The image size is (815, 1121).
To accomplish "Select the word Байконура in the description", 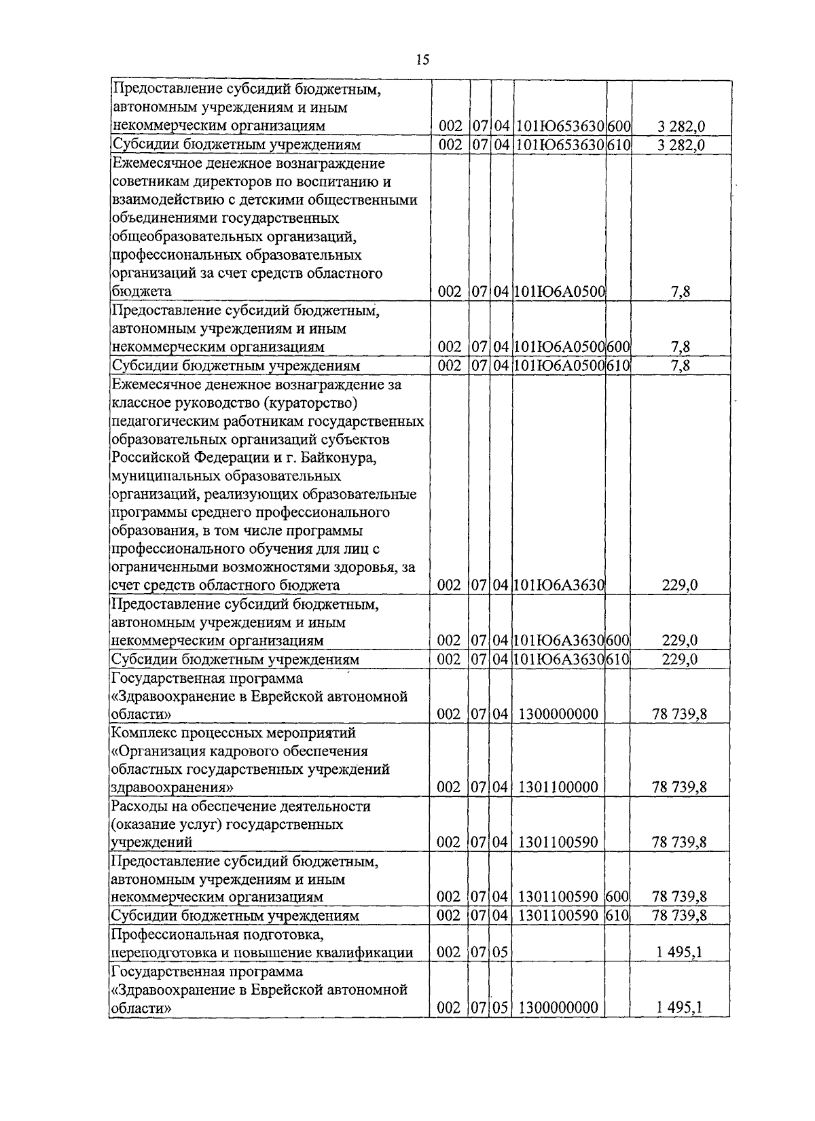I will (x=340, y=457).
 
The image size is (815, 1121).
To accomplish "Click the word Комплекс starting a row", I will (x=142, y=733).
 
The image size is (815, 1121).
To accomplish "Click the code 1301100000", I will (x=558, y=787).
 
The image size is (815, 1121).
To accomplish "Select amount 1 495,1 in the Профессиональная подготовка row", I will (x=679, y=953).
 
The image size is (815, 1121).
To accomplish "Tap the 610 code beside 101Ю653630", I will (x=619, y=145).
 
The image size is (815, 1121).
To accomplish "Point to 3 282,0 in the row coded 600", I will (x=681, y=126).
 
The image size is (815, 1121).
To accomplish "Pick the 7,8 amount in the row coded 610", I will (x=681, y=366).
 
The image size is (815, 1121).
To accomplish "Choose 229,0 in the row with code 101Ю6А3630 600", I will (x=680, y=641).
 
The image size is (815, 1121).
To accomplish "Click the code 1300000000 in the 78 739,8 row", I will (x=558, y=714).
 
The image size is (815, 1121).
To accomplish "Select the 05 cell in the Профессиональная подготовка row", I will (x=501, y=953).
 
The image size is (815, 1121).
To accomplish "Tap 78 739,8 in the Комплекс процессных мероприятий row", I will (x=679, y=787).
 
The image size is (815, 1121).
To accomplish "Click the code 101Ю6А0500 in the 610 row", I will (x=560, y=366).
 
